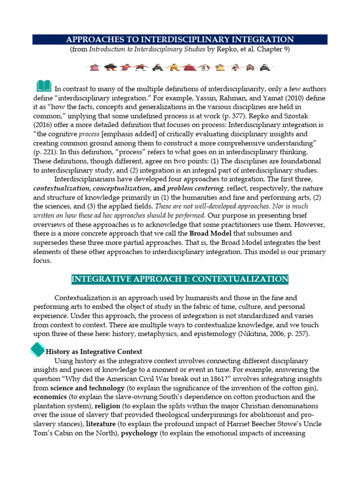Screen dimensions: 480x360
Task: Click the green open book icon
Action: point(44,86)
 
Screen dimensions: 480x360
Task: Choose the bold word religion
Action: point(107,405)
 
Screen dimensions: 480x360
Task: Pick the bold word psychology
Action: point(139,433)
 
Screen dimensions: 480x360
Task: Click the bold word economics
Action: point(50,397)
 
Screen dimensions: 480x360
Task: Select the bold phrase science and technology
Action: point(87,388)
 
